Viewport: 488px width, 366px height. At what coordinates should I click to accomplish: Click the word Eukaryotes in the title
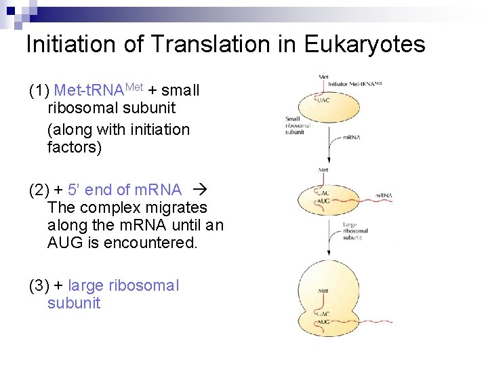coord(365,44)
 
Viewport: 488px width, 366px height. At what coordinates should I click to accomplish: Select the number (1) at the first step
coord(39,91)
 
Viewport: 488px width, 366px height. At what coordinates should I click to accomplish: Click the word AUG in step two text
coord(66,243)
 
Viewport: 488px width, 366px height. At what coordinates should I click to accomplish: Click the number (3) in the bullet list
coord(39,285)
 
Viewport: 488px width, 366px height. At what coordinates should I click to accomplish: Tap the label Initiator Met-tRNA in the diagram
coord(357,83)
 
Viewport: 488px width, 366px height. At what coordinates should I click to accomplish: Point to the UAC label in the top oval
coord(323,100)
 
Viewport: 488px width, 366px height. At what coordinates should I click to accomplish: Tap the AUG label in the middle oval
coord(323,201)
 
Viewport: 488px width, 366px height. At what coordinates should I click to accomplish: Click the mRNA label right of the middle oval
coord(384,196)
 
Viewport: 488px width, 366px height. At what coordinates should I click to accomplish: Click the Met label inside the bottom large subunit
coord(323,291)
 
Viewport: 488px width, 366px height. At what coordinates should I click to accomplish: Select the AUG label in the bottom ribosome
coord(323,322)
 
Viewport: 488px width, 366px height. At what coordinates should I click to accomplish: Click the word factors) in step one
coord(75,146)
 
